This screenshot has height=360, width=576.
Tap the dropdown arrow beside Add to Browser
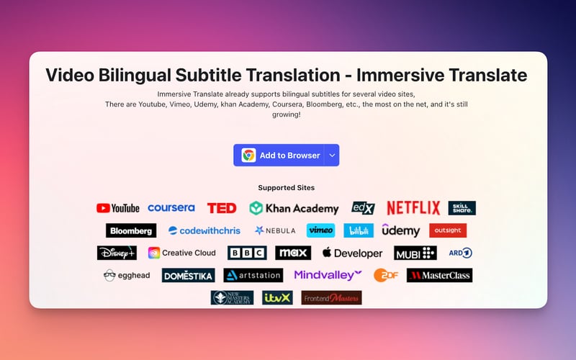(x=331, y=155)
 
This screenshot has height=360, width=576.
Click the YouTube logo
(x=117, y=208)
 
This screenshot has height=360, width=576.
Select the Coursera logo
(x=171, y=208)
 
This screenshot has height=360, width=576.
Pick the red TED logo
(x=222, y=208)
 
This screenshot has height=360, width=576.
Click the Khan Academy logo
(x=294, y=208)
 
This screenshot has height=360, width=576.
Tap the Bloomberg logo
(x=131, y=230)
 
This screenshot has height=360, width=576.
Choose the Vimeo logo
(x=320, y=230)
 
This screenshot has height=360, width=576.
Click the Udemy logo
(x=400, y=230)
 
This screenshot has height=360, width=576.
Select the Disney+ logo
(x=117, y=253)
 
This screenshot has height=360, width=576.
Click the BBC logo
(x=247, y=253)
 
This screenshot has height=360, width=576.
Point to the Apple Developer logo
(x=352, y=253)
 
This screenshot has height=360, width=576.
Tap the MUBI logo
(x=415, y=253)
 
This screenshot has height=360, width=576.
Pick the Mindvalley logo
(x=328, y=275)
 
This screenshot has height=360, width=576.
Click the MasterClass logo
(x=439, y=275)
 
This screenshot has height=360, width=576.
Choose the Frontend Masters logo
(x=331, y=297)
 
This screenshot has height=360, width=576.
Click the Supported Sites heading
(x=287, y=187)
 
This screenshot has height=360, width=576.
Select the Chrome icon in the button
(x=248, y=155)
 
